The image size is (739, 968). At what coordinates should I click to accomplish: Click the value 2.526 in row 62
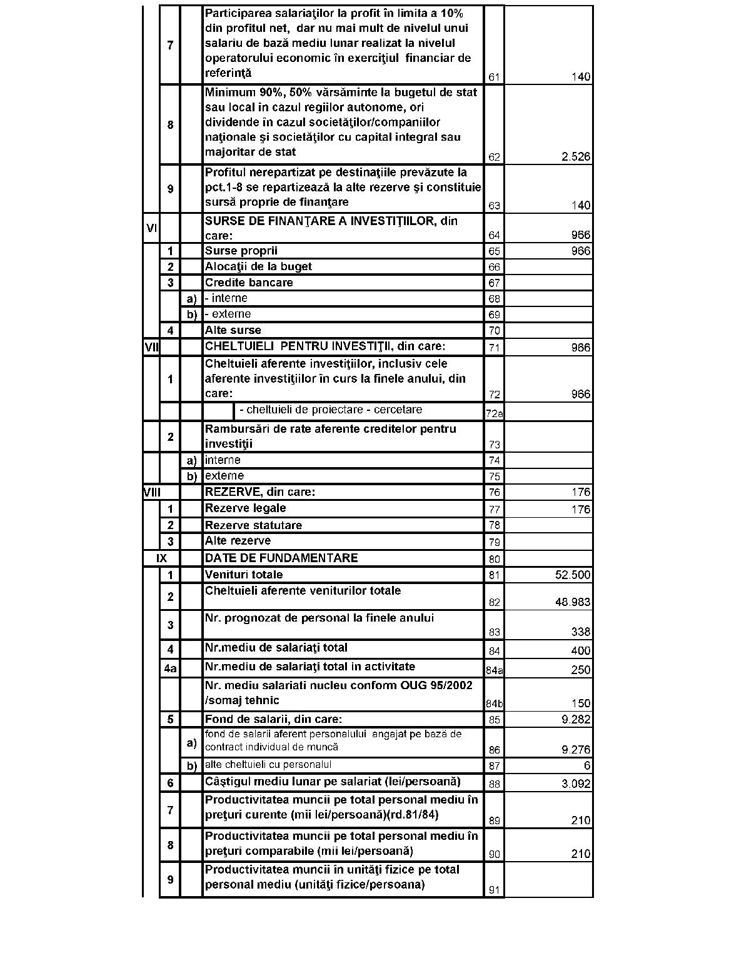point(575,156)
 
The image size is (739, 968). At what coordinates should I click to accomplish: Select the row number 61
point(494,78)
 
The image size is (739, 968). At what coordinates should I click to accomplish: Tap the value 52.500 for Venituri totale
point(572,575)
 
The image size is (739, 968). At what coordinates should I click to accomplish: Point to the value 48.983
point(572,602)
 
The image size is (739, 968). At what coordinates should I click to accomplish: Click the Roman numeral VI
point(151,228)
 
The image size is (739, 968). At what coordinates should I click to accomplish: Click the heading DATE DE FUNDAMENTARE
point(281,558)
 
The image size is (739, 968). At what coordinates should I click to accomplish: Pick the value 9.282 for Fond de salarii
point(575,719)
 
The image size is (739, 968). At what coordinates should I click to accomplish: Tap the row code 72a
point(494,413)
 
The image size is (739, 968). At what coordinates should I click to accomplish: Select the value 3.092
point(575,784)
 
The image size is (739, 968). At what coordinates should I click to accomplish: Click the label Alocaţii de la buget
point(258,266)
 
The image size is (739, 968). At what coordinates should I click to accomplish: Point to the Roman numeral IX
point(161,558)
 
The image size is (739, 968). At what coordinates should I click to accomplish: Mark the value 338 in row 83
point(580,632)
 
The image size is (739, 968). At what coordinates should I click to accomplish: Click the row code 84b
point(494,704)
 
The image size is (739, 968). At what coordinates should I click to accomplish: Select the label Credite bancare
point(249,283)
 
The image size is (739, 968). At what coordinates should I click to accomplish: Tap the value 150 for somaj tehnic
point(580,703)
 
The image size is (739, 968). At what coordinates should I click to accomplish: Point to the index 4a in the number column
point(170,669)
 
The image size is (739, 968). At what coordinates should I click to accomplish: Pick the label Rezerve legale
point(245,508)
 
